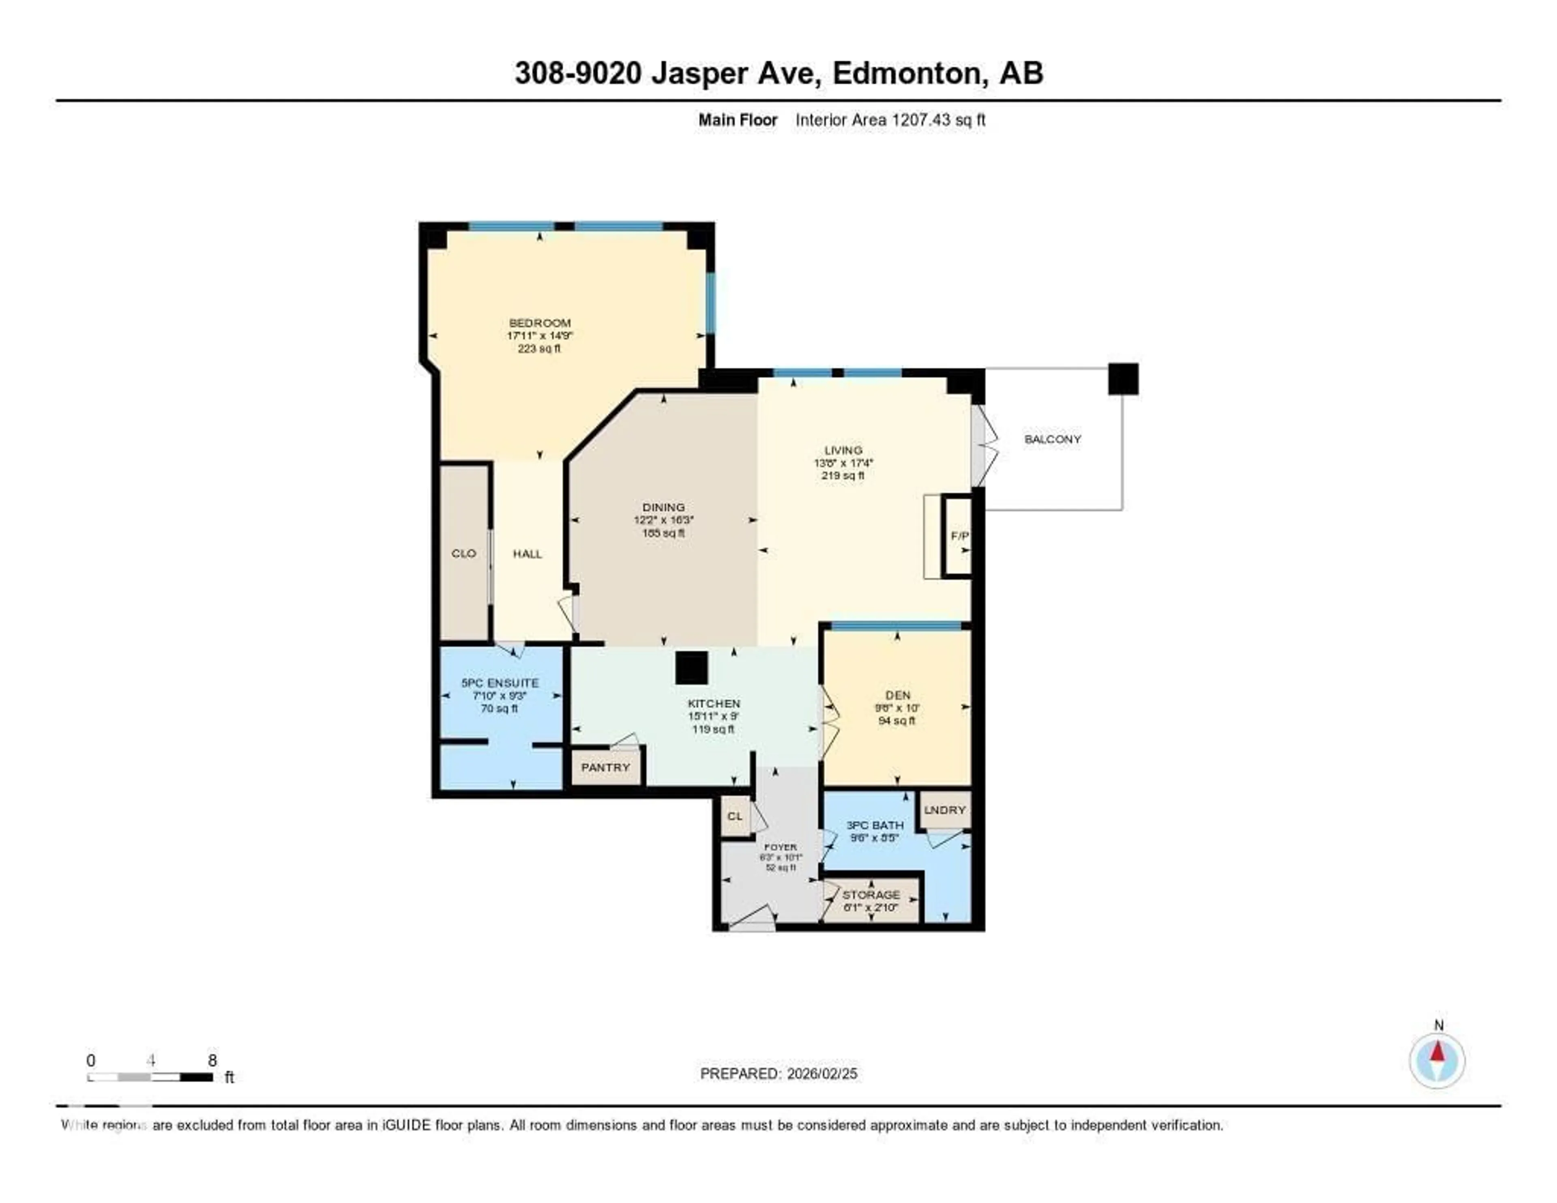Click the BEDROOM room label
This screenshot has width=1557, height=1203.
540,322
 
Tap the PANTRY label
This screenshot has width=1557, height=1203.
605,767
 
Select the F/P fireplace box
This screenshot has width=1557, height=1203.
959,535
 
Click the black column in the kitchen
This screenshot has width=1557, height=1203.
691,668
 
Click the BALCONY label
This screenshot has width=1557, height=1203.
1052,439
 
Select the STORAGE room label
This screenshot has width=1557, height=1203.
871,894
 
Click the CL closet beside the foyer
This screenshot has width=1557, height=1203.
734,816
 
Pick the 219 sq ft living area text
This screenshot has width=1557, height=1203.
843,476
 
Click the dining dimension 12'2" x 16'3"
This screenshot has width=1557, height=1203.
663,520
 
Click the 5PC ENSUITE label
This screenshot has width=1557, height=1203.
500,683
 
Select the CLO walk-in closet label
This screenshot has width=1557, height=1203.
463,553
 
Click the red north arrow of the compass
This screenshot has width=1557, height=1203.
1437,1052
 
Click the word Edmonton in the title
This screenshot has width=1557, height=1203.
907,73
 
